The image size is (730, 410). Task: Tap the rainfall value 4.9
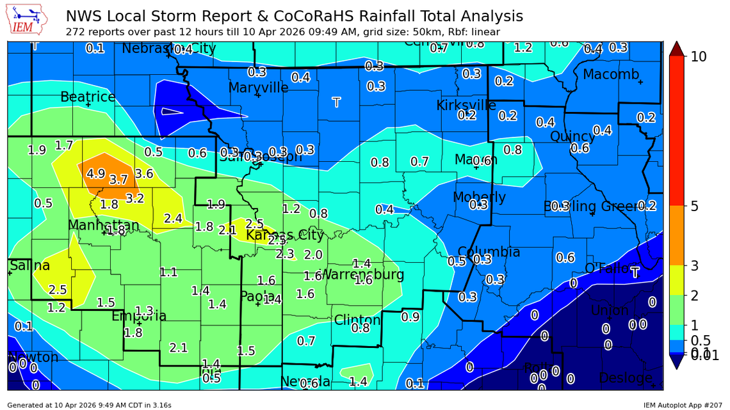pyautogui.click(x=95, y=173)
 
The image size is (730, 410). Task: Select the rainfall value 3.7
pyautogui.click(x=118, y=180)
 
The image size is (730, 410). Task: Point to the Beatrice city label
pyautogui.click(x=88, y=97)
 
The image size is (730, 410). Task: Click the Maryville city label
pyautogui.click(x=258, y=87)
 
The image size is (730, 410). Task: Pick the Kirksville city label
pyautogui.click(x=466, y=105)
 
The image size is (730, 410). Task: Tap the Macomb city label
pyautogui.click(x=610, y=75)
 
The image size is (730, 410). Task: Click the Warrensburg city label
pyautogui.click(x=362, y=275)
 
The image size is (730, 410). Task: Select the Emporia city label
pyautogui.click(x=139, y=316)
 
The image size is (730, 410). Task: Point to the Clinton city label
pyautogui.click(x=357, y=320)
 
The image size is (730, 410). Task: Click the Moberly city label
pyautogui.click(x=479, y=197)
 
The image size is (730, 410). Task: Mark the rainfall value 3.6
pyautogui.click(x=144, y=173)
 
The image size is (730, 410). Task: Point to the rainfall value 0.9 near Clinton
pyautogui.click(x=410, y=316)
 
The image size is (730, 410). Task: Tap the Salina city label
pyautogui.click(x=29, y=265)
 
